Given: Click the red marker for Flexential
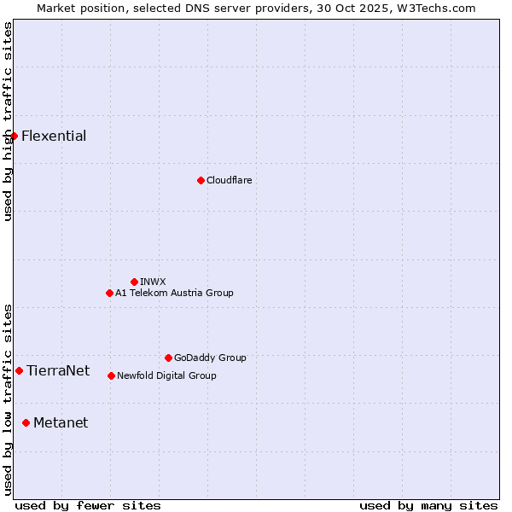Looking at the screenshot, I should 14,136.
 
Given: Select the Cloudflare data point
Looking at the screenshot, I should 201,180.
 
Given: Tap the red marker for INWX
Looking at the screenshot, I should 134,282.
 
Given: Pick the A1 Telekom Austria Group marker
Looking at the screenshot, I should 109,293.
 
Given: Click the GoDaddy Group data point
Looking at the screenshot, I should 168,358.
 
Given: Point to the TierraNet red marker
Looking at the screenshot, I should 19,370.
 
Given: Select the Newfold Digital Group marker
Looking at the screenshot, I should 111,375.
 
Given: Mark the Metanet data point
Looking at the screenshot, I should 26,422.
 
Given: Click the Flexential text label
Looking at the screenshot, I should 54,137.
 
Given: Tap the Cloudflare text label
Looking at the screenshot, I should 229,181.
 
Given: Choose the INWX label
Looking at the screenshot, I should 153,282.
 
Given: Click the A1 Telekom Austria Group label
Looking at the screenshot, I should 174,294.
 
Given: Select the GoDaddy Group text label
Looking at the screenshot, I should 210,358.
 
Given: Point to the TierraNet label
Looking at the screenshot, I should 58,371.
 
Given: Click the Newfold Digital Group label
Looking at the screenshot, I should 166,376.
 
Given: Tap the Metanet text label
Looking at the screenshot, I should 61,423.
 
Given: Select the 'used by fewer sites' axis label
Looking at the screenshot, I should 88,505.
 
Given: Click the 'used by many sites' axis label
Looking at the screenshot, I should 428,505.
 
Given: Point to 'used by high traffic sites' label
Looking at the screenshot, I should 8,121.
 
